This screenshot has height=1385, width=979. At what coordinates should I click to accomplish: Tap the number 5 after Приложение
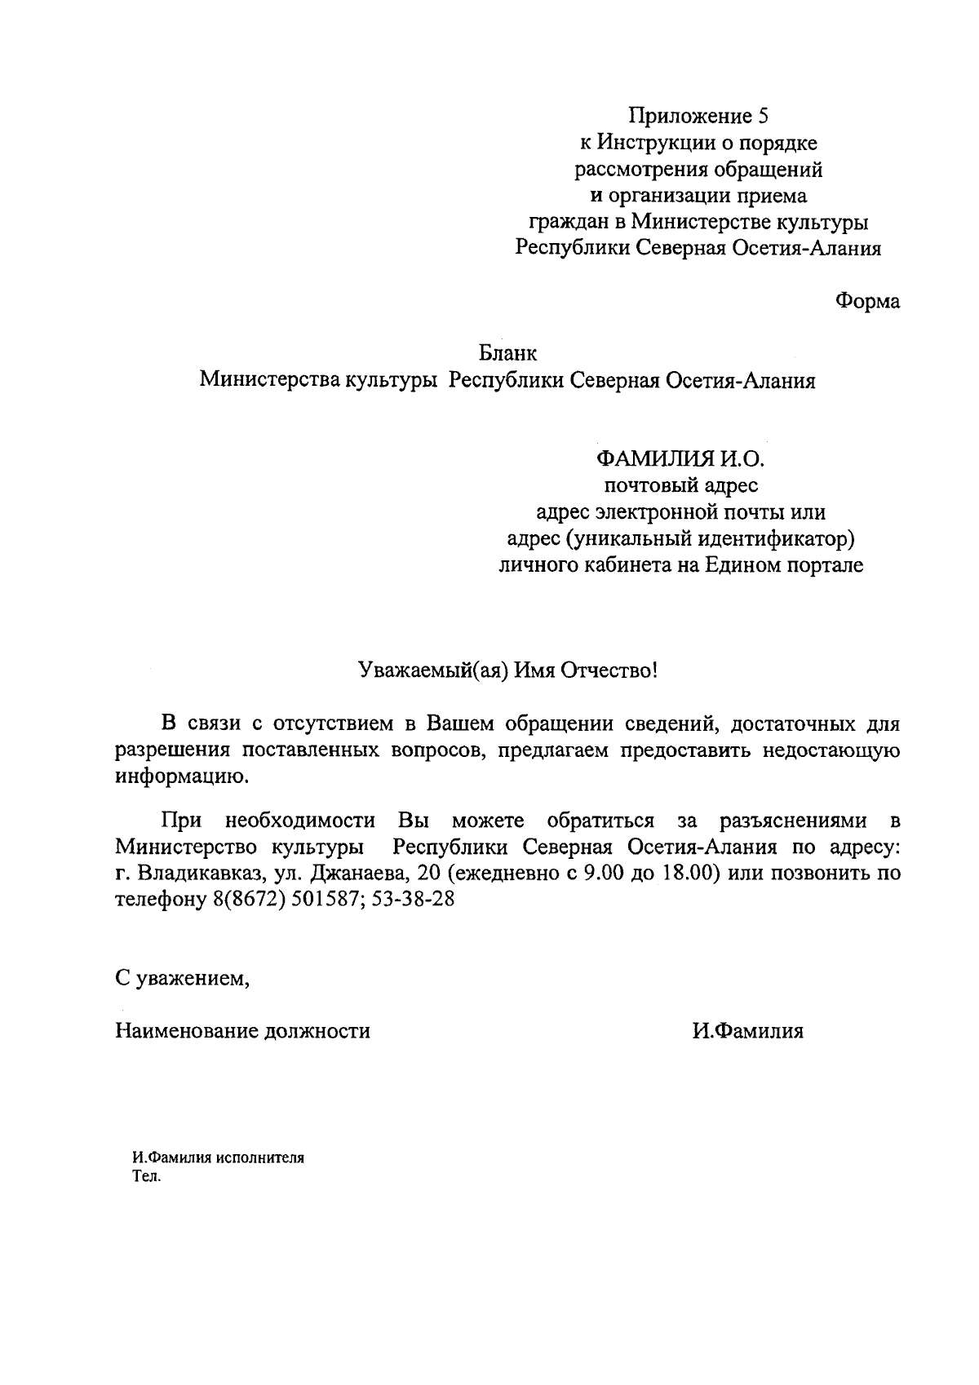point(764,116)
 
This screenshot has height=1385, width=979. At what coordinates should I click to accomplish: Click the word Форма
point(867,301)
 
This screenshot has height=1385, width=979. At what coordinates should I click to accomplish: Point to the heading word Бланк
point(507,354)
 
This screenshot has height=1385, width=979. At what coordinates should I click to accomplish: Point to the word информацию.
point(179,777)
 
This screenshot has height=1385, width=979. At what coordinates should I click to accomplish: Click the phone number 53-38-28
point(413,900)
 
